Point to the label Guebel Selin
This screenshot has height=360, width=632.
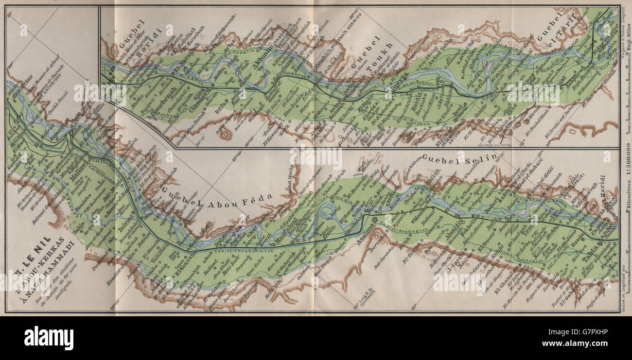(459, 157)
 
